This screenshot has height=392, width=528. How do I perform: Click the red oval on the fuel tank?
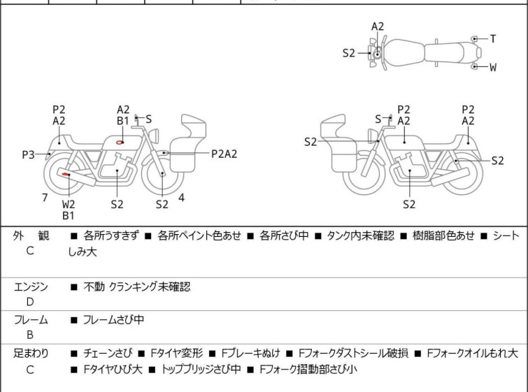pyautogui.click(x=120, y=143)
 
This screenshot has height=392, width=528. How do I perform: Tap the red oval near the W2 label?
pyautogui.click(x=65, y=173)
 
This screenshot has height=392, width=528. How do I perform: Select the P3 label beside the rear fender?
pyautogui.click(x=29, y=154)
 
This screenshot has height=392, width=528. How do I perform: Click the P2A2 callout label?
pyautogui.click(x=224, y=154)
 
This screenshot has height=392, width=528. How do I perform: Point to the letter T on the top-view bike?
pyautogui.click(x=493, y=39)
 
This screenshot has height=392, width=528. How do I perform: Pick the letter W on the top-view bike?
pyautogui.click(x=493, y=68)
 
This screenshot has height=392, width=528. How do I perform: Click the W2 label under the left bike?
pyautogui.click(x=69, y=205)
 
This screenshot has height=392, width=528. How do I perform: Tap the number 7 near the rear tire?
pyautogui.click(x=45, y=198)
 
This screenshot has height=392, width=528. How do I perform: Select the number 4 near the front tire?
pyautogui.click(x=181, y=198)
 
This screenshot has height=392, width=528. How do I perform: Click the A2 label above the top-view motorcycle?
pyautogui.click(x=378, y=27)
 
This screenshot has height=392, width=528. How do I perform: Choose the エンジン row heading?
pyautogui.click(x=31, y=286)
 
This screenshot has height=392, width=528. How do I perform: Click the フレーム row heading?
pyautogui.click(x=31, y=320)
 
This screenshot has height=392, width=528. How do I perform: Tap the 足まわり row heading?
pyautogui.click(x=31, y=354)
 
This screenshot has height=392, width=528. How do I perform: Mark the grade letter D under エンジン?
pyautogui.click(x=30, y=303)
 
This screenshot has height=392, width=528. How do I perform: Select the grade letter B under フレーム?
pyautogui.click(x=30, y=335)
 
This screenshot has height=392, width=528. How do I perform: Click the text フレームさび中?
pyautogui.click(x=113, y=320)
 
